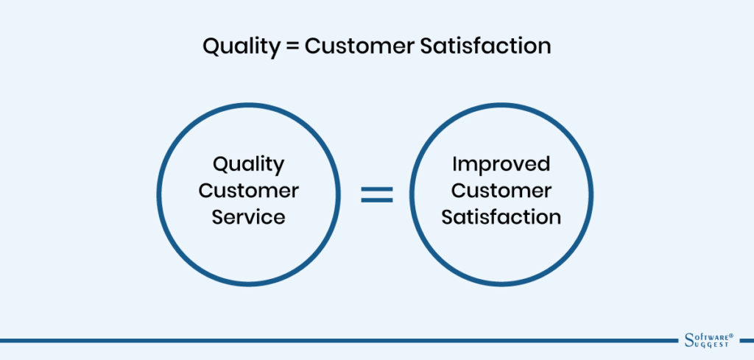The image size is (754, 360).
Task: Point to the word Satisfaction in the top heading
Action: pyautogui.click(x=482, y=46)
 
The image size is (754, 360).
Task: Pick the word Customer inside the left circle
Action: pyautogui.click(x=249, y=191)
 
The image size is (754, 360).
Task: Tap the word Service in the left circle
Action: pyautogui.click(x=249, y=217)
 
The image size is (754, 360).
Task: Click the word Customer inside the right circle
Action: pyautogui.click(x=501, y=191)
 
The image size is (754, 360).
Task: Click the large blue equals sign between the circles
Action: pyautogui.click(x=376, y=194)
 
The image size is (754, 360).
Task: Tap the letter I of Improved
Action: pyautogui.click(x=455, y=163)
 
